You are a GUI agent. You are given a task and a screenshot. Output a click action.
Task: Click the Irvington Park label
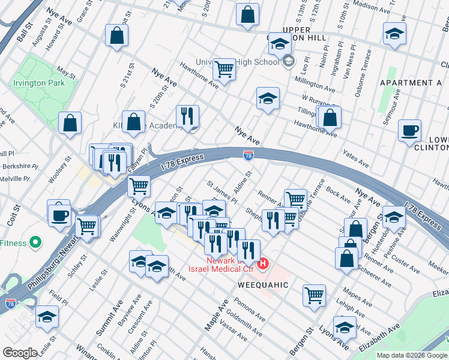(x=40, y=83)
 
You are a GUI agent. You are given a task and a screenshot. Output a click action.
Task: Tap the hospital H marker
(x=263, y=263)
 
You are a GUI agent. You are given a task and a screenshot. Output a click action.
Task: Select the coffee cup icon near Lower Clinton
(x=410, y=131)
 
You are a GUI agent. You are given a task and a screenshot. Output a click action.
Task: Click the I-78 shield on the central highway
(x=248, y=155)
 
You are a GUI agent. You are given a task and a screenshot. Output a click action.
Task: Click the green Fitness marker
(x=35, y=243)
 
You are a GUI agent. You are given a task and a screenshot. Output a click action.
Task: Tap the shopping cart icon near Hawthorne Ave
(x=224, y=69)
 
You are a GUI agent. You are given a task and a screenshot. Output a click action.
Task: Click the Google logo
(x=20, y=352)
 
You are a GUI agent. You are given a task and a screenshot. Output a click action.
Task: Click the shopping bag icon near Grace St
(x=116, y=35)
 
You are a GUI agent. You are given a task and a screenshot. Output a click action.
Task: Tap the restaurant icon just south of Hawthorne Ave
(x=187, y=116)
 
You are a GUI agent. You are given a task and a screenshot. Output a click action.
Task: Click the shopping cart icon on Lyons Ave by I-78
(x=139, y=186)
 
